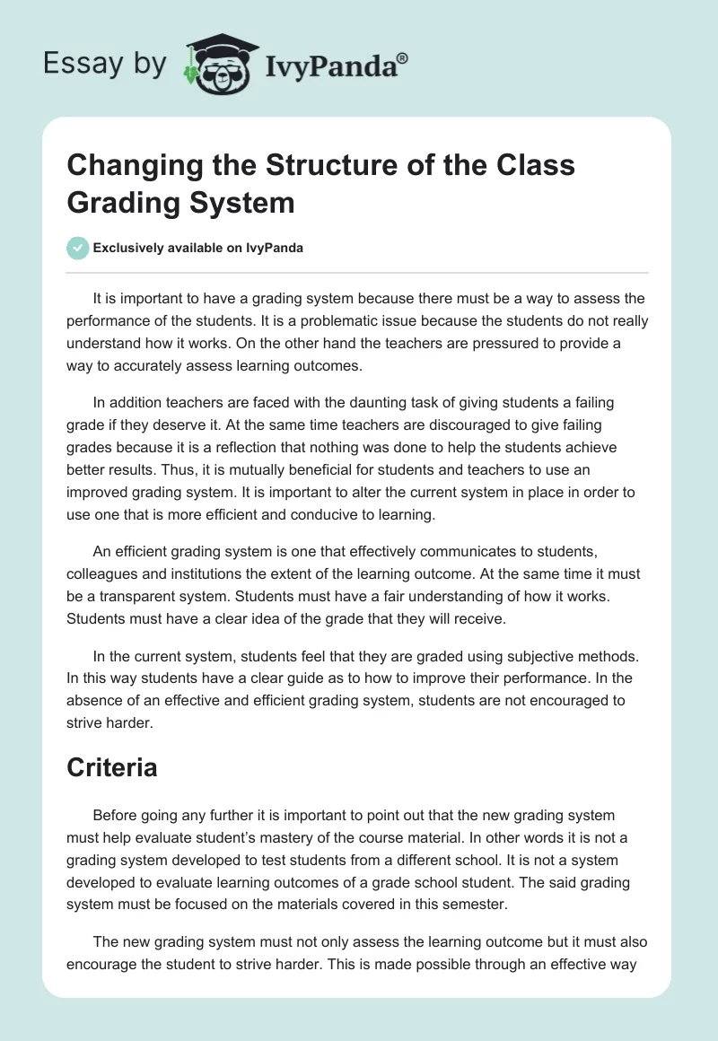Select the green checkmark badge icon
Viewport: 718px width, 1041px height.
coord(78,248)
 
